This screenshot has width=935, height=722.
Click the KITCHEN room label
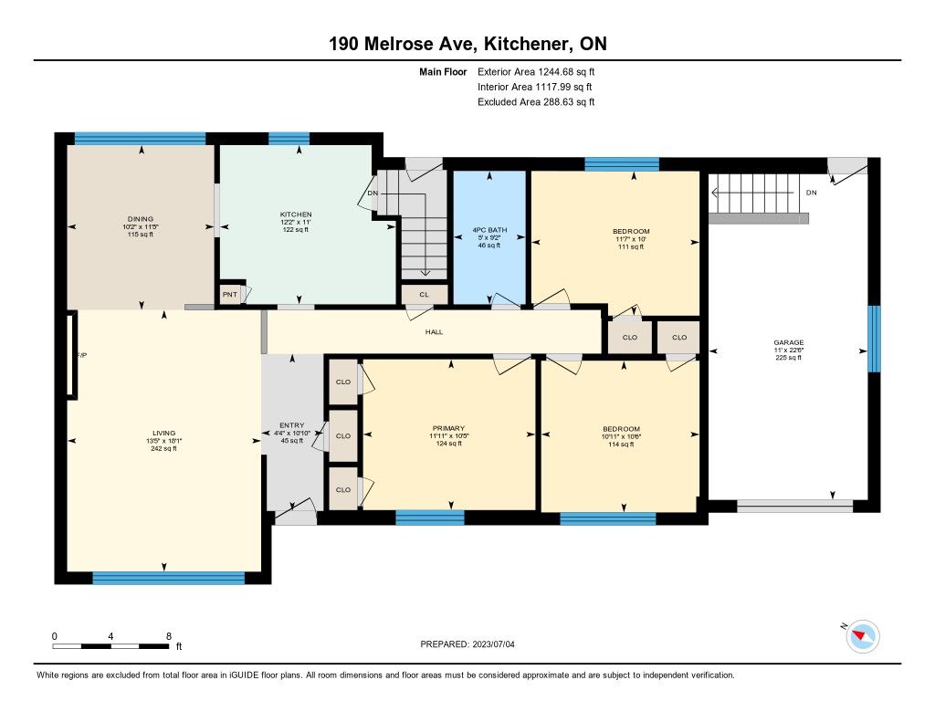pos(296,214)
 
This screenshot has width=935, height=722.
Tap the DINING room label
pos(140,219)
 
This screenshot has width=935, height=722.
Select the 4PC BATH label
pos(489,229)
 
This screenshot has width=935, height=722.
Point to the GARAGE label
pos(788,342)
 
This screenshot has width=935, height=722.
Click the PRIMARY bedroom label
pos(448,428)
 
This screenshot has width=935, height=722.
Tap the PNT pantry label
pos(229,295)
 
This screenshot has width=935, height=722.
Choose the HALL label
pos(434,332)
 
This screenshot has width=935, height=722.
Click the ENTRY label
pos(291,425)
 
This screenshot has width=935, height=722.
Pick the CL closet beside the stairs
pos(424,295)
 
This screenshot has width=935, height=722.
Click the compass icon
pos(862,636)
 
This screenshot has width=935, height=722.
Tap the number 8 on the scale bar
pos(169,636)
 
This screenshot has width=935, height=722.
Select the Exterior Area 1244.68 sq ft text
pos(536,71)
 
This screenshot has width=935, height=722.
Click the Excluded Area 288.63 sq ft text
pos(536,102)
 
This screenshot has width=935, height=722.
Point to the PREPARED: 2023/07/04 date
pos(467,644)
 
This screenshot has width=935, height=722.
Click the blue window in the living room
pos(169,578)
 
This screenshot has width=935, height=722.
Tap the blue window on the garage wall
pos(874,339)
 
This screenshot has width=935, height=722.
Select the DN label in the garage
pos(811,193)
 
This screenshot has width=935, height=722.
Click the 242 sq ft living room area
pos(163,448)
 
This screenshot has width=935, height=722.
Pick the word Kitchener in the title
pos(525,44)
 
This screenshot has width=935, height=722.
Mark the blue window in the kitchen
pos(289,139)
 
